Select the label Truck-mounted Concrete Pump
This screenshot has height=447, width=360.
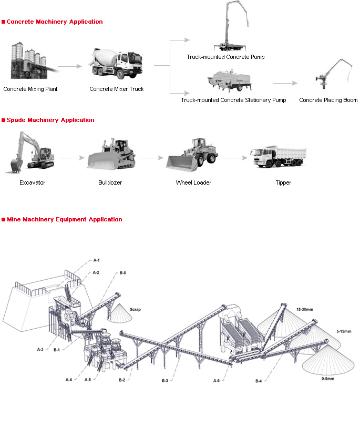(x=225, y=57)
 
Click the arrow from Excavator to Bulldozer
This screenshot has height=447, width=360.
(x=72, y=158)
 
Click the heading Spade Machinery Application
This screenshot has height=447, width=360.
(x=50, y=120)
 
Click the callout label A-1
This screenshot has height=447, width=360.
(x=97, y=260)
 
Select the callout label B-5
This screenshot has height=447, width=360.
(x=123, y=273)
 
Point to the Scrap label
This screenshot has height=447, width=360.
(x=135, y=310)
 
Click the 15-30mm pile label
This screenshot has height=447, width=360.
(x=304, y=309)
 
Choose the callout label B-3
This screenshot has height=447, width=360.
(x=165, y=380)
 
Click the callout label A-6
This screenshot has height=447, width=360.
(x=217, y=380)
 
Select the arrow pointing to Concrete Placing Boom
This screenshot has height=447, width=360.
(x=285, y=83)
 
